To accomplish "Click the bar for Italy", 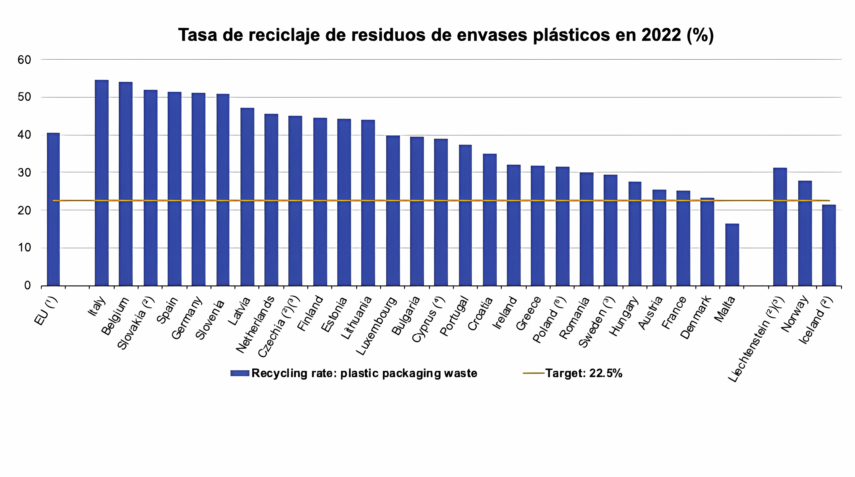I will pos(102,183).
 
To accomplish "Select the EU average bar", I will pos(53,209).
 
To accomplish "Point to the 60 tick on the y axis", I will pos(24,60).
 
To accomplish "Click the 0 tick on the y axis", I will pos(27,285).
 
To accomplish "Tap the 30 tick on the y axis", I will pos(24,173).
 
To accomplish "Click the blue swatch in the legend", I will pos(240,373).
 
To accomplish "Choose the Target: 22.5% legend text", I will pos(583,373).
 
